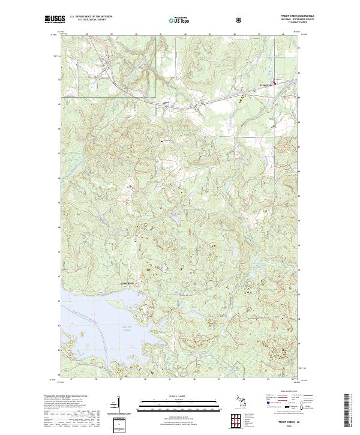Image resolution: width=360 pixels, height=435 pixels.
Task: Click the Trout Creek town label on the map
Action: pos(265,85)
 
